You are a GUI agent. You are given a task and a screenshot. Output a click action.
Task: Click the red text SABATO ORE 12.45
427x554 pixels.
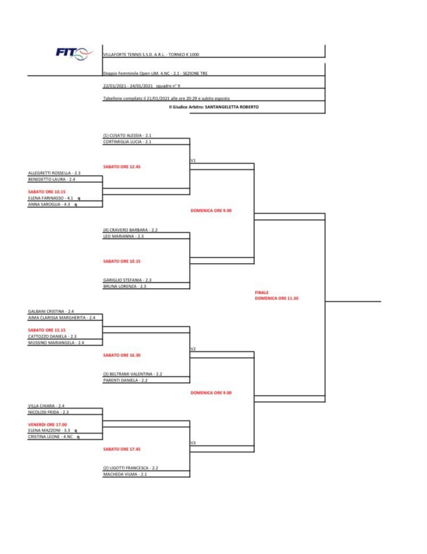pos(122,167)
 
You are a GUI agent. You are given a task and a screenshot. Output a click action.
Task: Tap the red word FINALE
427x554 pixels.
pos(262,292)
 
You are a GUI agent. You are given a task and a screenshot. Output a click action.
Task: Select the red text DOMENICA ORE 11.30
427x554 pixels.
pos(277,298)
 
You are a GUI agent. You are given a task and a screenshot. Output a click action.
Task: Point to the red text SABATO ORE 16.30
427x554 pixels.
pos(122,355)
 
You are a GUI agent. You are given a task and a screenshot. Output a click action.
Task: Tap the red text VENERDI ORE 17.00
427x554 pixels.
pos(47,424)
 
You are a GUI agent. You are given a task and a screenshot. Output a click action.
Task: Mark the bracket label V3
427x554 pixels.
pos(193,442)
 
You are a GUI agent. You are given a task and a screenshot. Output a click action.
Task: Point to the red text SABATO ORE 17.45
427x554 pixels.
pos(122,449)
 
